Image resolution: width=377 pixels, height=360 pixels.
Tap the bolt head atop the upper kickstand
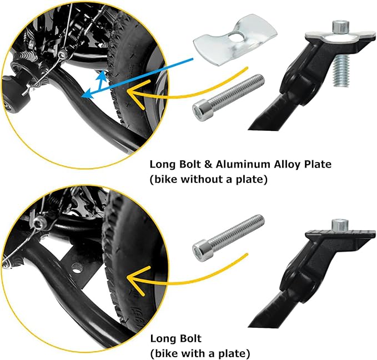click(x=341, y=27)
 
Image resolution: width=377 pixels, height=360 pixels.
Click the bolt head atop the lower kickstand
click(x=340, y=225)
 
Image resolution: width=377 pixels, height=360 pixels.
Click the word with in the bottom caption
click(x=192, y=353)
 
